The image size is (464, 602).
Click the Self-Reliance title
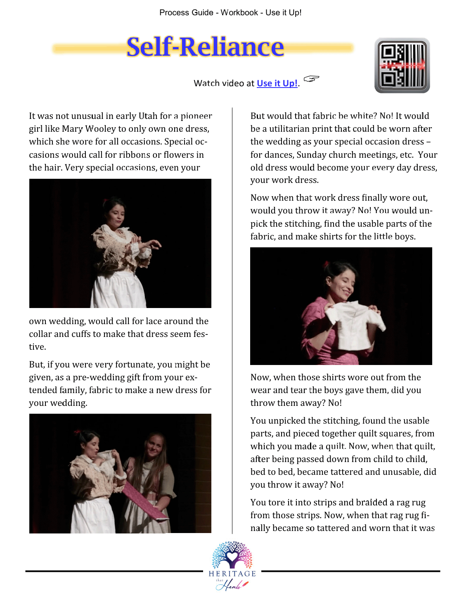point(205,47)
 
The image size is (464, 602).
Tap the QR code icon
point(402,65)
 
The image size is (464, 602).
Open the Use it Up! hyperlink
point(277,83)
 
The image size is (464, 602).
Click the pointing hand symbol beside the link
point(312,78)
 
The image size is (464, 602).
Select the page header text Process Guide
point(186,13)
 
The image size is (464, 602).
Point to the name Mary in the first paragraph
point(72,129)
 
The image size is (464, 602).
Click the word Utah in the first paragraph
point(148,116)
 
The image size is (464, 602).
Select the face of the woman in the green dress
point(154,445)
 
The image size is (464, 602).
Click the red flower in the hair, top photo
point(106,202)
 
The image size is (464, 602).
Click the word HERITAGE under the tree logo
point(232,574)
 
